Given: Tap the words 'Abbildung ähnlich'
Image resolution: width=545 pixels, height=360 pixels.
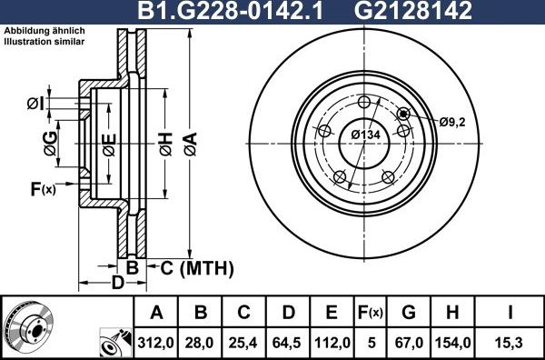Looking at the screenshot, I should point(44,31).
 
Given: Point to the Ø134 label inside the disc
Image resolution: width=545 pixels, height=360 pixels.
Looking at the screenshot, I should point(365,135).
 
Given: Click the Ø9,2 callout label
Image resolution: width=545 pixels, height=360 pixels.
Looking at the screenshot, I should point(451,122).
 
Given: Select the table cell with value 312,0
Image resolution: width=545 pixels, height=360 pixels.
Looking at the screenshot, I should point(156,343).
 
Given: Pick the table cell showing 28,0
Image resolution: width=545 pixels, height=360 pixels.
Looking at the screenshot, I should point(201,343).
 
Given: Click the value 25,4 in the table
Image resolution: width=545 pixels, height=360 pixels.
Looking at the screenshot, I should point(244,343).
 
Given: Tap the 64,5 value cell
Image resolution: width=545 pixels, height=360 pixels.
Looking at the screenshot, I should point(288,343).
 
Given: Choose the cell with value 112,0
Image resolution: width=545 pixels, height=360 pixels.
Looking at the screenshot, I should point(332,343).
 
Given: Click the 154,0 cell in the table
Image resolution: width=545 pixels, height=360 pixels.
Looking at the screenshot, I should point(451,343).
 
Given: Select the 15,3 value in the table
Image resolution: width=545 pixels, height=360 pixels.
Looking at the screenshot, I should point(510,343).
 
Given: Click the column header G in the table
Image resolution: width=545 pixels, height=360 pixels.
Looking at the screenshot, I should point(409,314).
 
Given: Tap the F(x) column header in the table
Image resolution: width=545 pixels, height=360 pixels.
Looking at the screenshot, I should point(371,314).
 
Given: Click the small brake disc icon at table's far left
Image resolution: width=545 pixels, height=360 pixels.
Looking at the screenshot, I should point(32,325).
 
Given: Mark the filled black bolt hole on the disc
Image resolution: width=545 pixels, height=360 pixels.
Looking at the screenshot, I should point(403,113).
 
